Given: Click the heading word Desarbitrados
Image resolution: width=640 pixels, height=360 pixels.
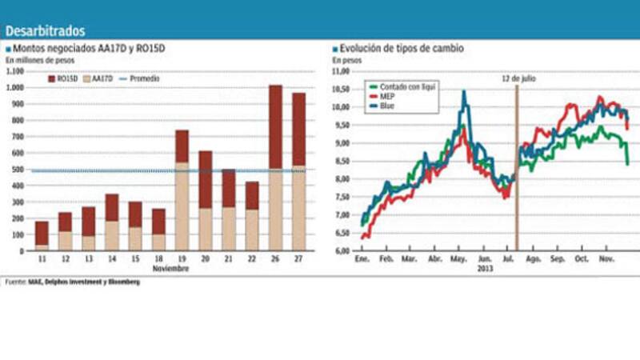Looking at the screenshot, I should click(45, 31).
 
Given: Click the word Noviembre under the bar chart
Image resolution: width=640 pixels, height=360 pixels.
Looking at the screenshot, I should click(170, 269).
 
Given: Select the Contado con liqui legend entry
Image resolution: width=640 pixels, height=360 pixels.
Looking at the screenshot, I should click(403, 85).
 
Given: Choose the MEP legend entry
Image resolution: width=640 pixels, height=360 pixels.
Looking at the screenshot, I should click(389, 94).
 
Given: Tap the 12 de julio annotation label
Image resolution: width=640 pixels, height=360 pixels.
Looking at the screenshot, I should click(517, 79).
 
